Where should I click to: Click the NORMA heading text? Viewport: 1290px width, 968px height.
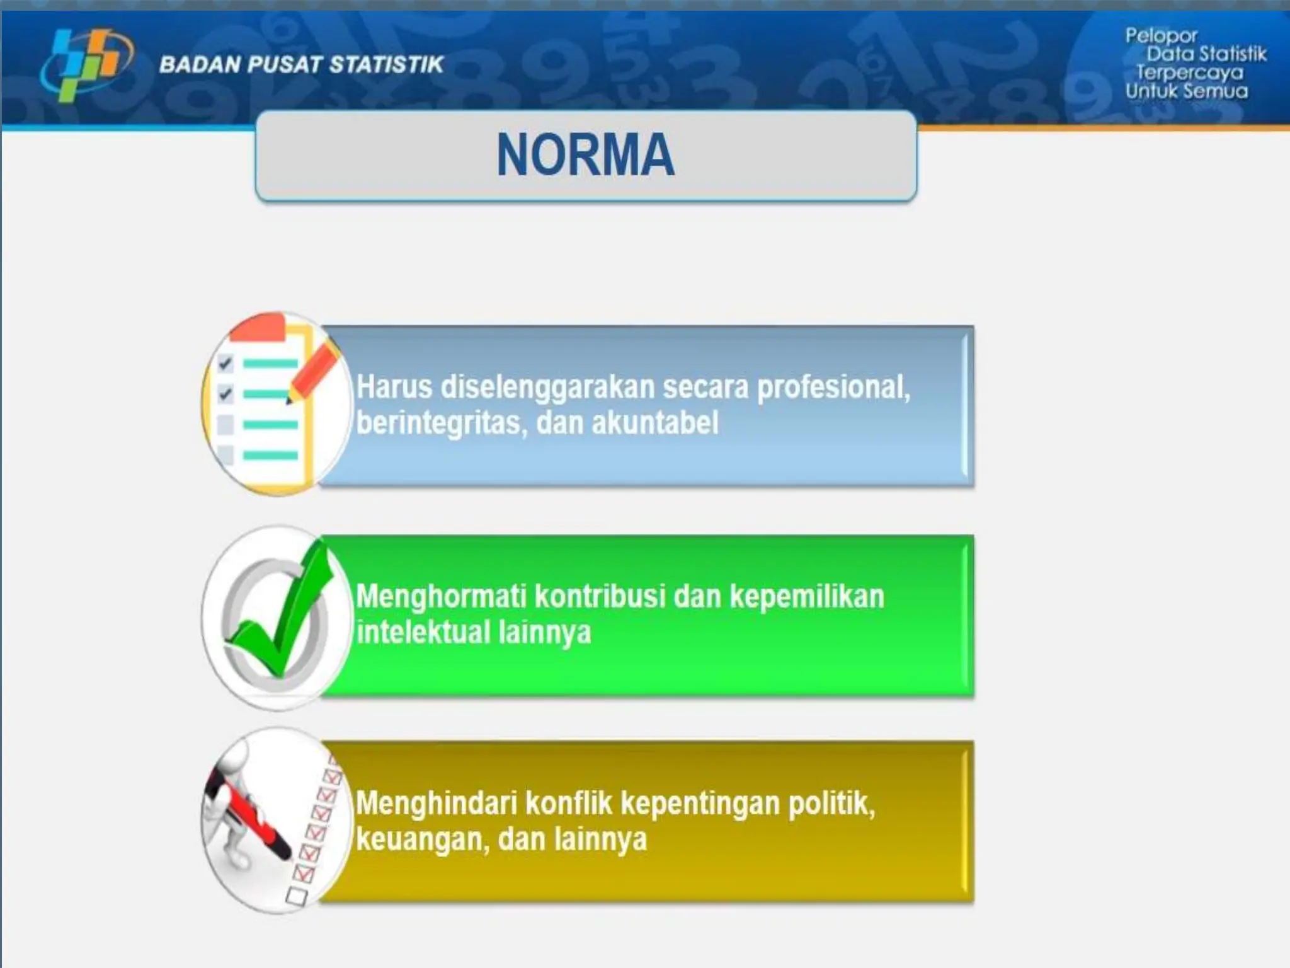[585, 155]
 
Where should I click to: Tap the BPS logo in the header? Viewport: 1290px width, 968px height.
[87, 64]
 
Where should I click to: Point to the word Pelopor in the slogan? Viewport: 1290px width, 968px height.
[1161, 35]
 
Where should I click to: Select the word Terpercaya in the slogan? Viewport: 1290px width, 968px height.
[1189, 72]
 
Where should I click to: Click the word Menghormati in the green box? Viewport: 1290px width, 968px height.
[440, 596]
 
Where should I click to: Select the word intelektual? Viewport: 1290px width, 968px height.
[422, 632]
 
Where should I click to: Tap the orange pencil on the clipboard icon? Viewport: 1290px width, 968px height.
[314, 372]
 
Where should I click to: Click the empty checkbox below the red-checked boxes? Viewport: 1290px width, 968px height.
[297, 896]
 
